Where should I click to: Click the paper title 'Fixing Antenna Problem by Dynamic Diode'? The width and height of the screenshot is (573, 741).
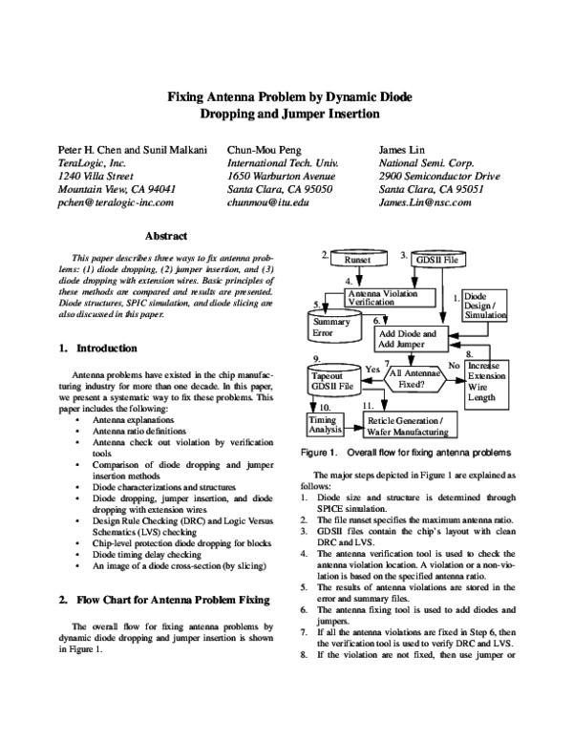(x=286, y=96)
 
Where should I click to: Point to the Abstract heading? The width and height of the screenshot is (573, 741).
(x=164, y=235)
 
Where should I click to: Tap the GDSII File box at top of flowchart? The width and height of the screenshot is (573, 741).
(x=436, y=259)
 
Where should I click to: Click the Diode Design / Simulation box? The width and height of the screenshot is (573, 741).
(x=487, y=306)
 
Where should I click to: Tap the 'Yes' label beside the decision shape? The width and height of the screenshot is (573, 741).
(x=373, y=368)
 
